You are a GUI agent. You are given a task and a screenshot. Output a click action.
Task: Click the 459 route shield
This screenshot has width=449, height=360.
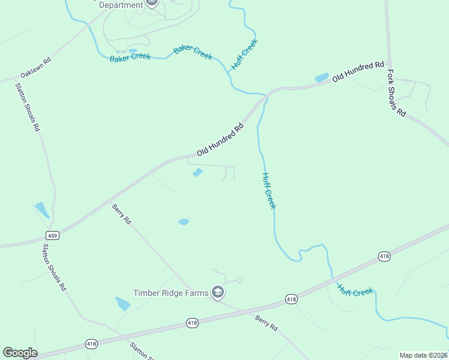(53, 236)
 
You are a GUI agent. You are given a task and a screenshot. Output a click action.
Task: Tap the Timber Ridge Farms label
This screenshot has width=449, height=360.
(170, 293)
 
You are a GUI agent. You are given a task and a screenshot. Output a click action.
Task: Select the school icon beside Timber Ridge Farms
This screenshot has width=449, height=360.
(218, 293)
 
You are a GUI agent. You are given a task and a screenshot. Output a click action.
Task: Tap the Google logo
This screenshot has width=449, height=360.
(20, 353)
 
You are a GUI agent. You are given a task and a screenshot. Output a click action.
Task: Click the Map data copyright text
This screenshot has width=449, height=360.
(423, 355)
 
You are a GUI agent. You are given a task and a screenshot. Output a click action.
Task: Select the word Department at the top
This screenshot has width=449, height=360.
(121, 5)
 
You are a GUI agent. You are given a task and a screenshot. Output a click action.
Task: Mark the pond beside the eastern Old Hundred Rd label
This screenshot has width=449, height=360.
(322, 77)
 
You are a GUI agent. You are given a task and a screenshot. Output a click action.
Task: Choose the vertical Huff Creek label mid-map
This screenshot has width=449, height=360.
(269, 191)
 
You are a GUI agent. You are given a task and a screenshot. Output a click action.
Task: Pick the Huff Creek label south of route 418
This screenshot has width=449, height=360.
(355, 292)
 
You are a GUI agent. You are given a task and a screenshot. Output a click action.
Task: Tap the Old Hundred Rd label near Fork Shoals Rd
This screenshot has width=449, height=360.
(358, 71)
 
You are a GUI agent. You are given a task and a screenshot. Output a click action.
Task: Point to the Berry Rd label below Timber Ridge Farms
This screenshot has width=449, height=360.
(266, 323)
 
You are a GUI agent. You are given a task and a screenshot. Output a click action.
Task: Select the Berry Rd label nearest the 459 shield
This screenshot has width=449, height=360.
(122, 214)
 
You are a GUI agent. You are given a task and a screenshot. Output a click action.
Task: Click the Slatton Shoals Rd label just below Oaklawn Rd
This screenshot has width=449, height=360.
(28, 107)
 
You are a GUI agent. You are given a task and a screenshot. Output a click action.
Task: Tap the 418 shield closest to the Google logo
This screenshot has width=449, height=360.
(91, 344)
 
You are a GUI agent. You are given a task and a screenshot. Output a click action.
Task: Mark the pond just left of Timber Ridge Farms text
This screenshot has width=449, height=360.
(122, 304)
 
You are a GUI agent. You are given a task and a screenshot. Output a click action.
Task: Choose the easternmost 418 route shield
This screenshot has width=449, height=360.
(385, 256)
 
